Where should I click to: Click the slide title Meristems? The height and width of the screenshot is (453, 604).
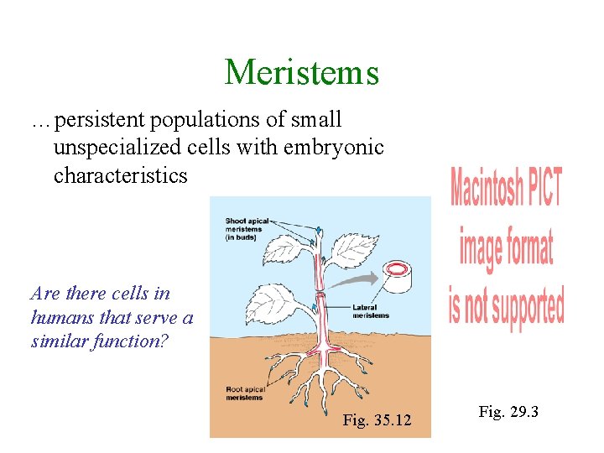302,72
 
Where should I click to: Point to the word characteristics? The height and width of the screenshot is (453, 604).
121,175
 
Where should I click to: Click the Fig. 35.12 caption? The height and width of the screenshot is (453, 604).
377,420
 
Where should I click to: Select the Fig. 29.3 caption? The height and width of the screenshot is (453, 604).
508,412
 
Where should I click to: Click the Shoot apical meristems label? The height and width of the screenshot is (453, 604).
247,226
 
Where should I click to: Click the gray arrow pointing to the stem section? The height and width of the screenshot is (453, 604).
352,280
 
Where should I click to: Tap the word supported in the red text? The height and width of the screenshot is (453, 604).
528,308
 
